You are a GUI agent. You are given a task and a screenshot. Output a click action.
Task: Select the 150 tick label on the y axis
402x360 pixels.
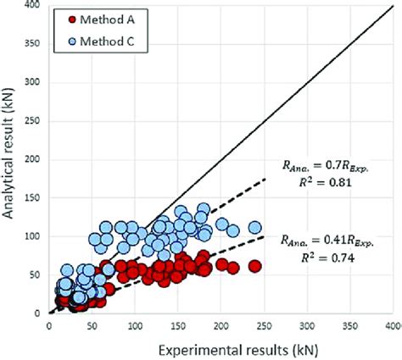tap(34, 198)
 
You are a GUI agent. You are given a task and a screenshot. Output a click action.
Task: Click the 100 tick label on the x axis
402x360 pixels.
tap(136, 324)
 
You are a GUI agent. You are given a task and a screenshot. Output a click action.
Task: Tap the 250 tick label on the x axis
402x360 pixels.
tap(265, 324)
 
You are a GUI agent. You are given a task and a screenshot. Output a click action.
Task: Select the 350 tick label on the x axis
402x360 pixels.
tap(350, 324)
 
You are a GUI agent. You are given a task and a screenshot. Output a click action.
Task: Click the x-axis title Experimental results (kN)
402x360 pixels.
tap(221, 346)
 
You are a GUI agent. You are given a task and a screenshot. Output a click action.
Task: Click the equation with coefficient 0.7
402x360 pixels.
tap(327, 166)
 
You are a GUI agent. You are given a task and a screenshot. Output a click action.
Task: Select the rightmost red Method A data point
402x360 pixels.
tap(254, 267)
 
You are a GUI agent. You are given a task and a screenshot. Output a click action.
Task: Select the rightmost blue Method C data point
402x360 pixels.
tap(254, 228)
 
